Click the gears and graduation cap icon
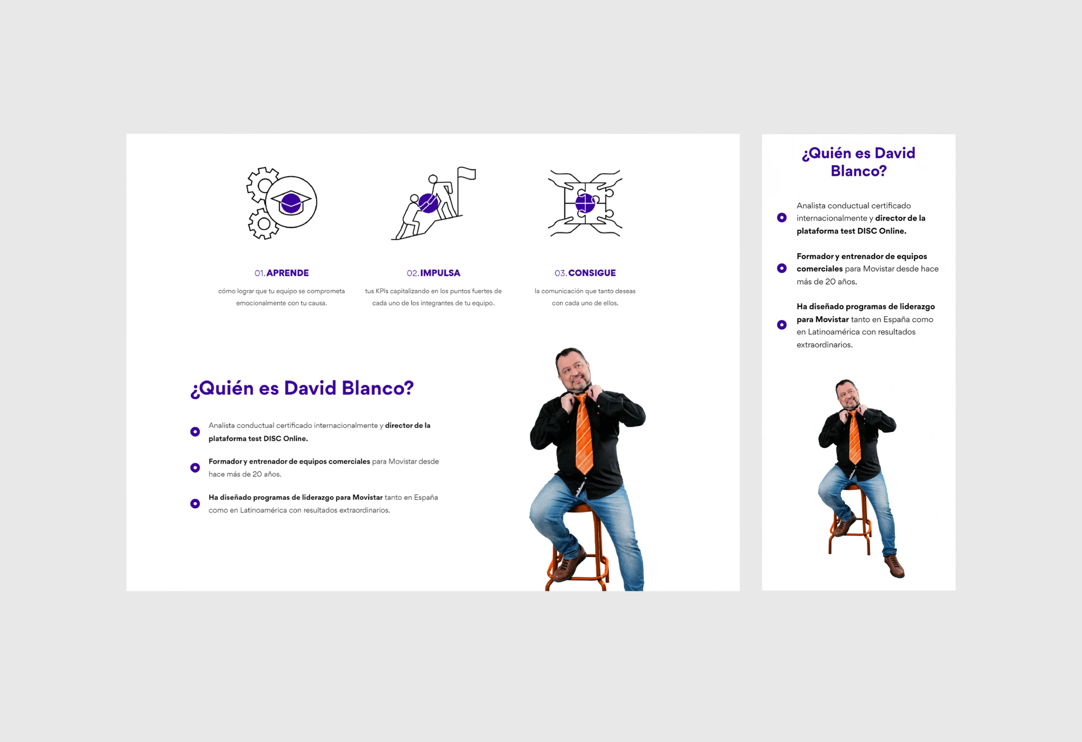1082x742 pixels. pos(282,203)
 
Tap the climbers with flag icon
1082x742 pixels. pos(433,203)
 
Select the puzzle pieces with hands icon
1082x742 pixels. pos(585,203)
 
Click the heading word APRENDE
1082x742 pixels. pos(288,273)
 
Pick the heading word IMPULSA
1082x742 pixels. pos(440,273)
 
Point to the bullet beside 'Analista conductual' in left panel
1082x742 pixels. pos(195,432)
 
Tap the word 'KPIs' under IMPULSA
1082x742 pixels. pos(382,291)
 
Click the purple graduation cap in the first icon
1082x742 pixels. pos(291,202)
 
